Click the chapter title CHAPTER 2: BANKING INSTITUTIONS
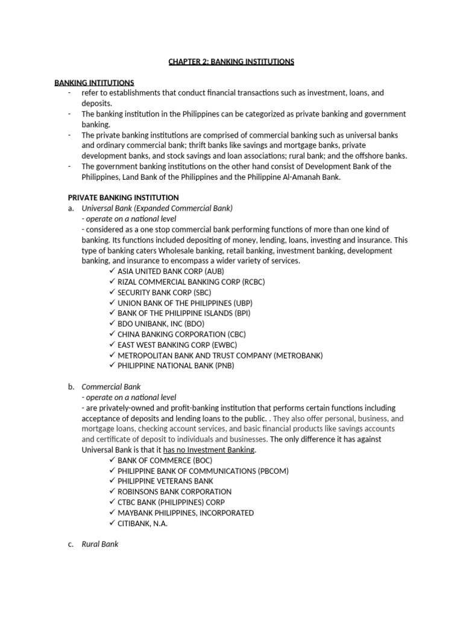click(x=231, y=62)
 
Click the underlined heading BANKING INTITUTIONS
click(x=94, y=83)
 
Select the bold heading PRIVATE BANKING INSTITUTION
click(x=123, y=197)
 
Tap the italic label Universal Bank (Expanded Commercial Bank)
click(x=157, y=208)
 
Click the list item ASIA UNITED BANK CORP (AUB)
click(x=162, y=272)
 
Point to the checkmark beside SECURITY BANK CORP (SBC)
click(x=112, y=292)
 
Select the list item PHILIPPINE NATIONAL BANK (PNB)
click(x=175, y=366)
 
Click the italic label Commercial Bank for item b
click(x=111, y=387)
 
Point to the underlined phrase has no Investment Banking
click(x=210, y=450)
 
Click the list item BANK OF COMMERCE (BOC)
click(x=165, y=460)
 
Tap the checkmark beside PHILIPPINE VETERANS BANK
click(x=112, y=481)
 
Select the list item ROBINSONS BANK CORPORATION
click(x=174, y=492)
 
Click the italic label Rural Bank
click(x=100, y=544)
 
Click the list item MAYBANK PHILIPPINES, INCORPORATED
click(x=186, y=513)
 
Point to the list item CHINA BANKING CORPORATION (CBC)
click(x=181, y=334)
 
